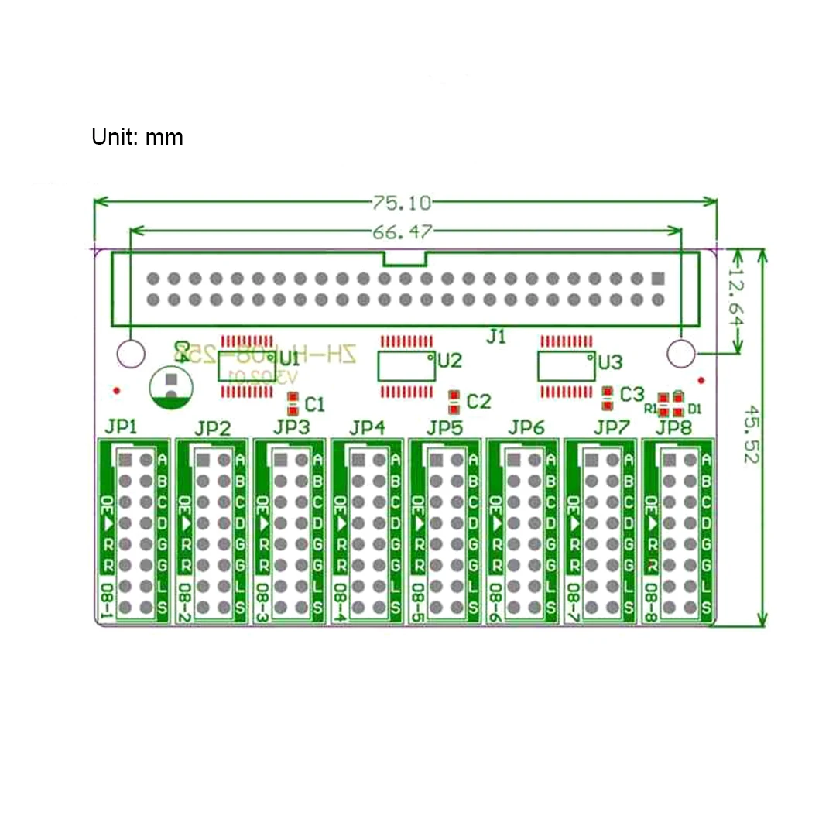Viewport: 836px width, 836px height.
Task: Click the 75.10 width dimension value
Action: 402,204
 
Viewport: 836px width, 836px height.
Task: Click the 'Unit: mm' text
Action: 137,138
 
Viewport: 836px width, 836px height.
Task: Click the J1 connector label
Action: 495,336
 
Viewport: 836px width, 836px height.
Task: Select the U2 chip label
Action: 450,360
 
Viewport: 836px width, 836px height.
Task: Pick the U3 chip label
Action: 610,361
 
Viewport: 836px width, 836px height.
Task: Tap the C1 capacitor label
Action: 315,404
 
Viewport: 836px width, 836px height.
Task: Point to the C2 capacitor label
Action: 479,401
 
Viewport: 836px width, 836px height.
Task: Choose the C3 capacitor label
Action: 632,394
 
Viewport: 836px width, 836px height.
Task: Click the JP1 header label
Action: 121,427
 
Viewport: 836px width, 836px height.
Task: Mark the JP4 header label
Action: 367,427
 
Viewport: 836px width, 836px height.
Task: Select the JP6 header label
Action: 526,427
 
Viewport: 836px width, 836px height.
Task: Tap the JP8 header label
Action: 673,427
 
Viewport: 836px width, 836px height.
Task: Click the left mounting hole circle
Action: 131,354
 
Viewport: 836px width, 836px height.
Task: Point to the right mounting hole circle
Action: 680,354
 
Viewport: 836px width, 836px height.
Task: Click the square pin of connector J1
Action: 658,278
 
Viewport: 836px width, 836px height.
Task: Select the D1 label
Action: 694,408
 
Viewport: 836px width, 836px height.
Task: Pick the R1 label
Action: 649,407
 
